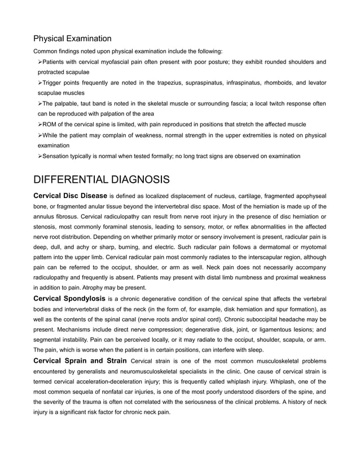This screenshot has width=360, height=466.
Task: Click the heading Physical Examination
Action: (72, 38)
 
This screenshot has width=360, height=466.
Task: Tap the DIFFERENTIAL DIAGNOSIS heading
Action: (102, 180)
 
